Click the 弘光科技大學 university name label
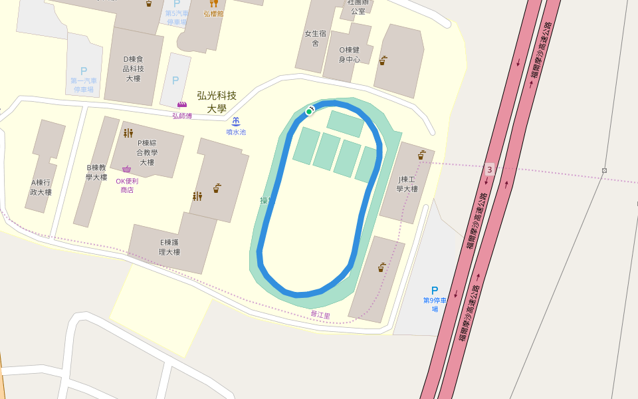(x=217, y=102)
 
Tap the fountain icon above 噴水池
(x=236, y=121)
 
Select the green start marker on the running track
(x=309, y=111)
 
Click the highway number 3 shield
(x=490, y=170)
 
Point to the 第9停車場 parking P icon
(x=435, y=291)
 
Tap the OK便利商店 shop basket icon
(x=126, y=170)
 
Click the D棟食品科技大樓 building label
(x=133, y=68)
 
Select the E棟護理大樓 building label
(x=169, y=247)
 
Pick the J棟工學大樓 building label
(x=407, y=184)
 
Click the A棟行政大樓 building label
(x=41, y=188)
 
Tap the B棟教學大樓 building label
(x=96, y=172)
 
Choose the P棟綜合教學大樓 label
(x=147, y=152)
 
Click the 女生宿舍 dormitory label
(x=315, y=38)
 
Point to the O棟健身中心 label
(x=350, y=55)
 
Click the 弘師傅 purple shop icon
(x=181, y=104)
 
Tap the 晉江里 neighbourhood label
(x=320, y=315)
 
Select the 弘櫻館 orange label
(x=213, y=13)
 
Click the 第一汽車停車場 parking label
(x=83, y=85)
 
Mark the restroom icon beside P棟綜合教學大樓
(x=128, y=133)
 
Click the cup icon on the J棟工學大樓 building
(x=421, y=155)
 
